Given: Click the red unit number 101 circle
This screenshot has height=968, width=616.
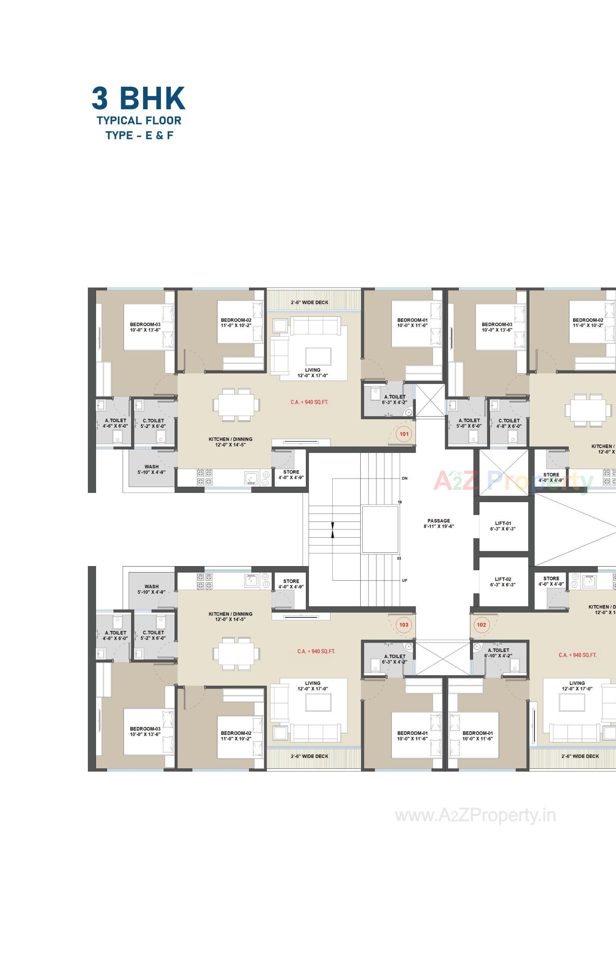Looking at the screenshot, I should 404,434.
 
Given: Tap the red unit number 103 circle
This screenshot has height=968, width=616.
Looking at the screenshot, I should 404,624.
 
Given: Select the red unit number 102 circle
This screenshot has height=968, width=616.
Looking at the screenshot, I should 481,624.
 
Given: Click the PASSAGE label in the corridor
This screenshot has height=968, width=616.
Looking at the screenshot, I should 439,523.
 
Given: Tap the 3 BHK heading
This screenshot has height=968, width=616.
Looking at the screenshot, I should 139,98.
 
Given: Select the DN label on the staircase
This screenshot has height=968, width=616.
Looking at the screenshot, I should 404,478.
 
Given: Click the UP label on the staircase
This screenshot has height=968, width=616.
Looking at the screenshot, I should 404,581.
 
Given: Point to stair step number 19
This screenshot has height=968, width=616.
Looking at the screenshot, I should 399,502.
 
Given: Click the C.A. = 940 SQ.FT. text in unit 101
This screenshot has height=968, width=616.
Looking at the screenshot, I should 309,402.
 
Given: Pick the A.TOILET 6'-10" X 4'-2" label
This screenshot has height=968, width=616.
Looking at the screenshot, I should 498,653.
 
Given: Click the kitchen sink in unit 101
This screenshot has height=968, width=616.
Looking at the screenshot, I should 252,477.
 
